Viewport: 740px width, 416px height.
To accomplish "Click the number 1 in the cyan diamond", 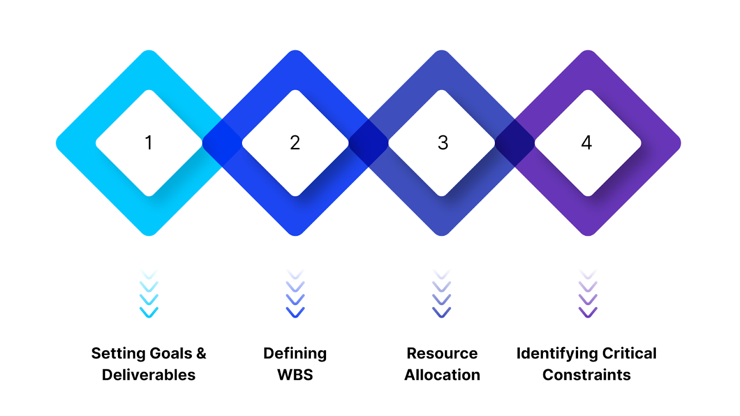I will tap(148, 143).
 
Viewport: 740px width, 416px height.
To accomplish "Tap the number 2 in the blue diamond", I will tap(295, 143).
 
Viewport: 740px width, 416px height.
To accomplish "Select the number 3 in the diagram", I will tap(443, 143).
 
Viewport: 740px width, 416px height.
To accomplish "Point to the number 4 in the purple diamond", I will tap(586, 143).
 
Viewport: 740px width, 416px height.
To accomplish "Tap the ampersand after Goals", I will tap(201, 354).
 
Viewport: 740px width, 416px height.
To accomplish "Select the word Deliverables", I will tap(148, 375).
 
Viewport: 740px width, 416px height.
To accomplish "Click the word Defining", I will tap(295, 354).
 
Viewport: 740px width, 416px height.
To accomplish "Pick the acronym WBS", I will tap(295, 375).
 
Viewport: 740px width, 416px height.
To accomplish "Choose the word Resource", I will tap(442, 354).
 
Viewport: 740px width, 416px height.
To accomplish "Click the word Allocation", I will tap(442, 375).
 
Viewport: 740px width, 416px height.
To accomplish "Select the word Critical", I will tap(629, 354).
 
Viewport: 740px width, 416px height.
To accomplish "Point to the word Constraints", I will tap(586, 375).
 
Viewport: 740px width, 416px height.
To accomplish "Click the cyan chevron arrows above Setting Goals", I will tap(149, 294).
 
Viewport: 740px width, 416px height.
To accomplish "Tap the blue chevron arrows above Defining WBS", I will tap(295, 294).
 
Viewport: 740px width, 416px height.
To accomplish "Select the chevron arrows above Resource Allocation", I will tap(442, 294).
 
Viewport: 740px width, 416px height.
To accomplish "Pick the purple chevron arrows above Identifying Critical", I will tap(588, 294).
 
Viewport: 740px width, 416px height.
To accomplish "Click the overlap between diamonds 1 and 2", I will tap(222, 143).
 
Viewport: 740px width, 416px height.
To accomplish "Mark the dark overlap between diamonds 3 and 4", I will tap(515, 143).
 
